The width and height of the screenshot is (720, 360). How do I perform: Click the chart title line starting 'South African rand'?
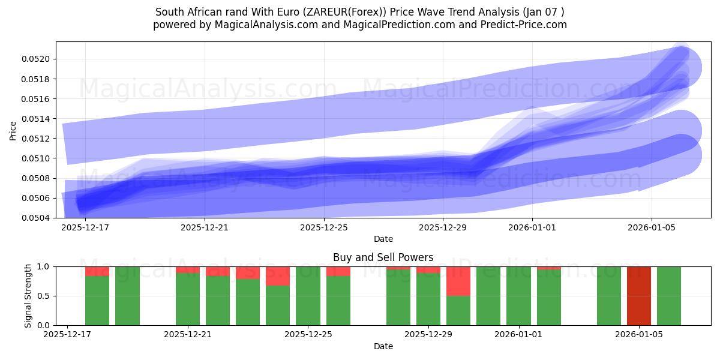point(359,12)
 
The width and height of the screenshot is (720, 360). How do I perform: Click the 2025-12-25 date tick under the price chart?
point(324,227)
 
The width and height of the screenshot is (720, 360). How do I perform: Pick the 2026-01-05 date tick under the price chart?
point(652,227)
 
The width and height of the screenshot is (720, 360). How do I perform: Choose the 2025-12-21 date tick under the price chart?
point(205,227)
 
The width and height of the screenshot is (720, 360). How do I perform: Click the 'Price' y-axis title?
point(13,130)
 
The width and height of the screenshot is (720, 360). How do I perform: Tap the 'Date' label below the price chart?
point(383,239)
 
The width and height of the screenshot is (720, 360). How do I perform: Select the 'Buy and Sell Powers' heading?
point(383,257)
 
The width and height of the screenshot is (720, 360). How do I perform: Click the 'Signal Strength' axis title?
point(28,295)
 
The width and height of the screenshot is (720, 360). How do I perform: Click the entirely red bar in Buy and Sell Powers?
point(639,296)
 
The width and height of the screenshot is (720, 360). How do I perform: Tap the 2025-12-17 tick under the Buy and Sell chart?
point(68,335)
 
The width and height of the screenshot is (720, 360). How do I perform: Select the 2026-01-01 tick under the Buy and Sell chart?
point(519,335)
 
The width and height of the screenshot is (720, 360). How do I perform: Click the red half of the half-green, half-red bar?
point(458,281)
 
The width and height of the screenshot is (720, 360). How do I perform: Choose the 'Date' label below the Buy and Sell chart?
point(383,346)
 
